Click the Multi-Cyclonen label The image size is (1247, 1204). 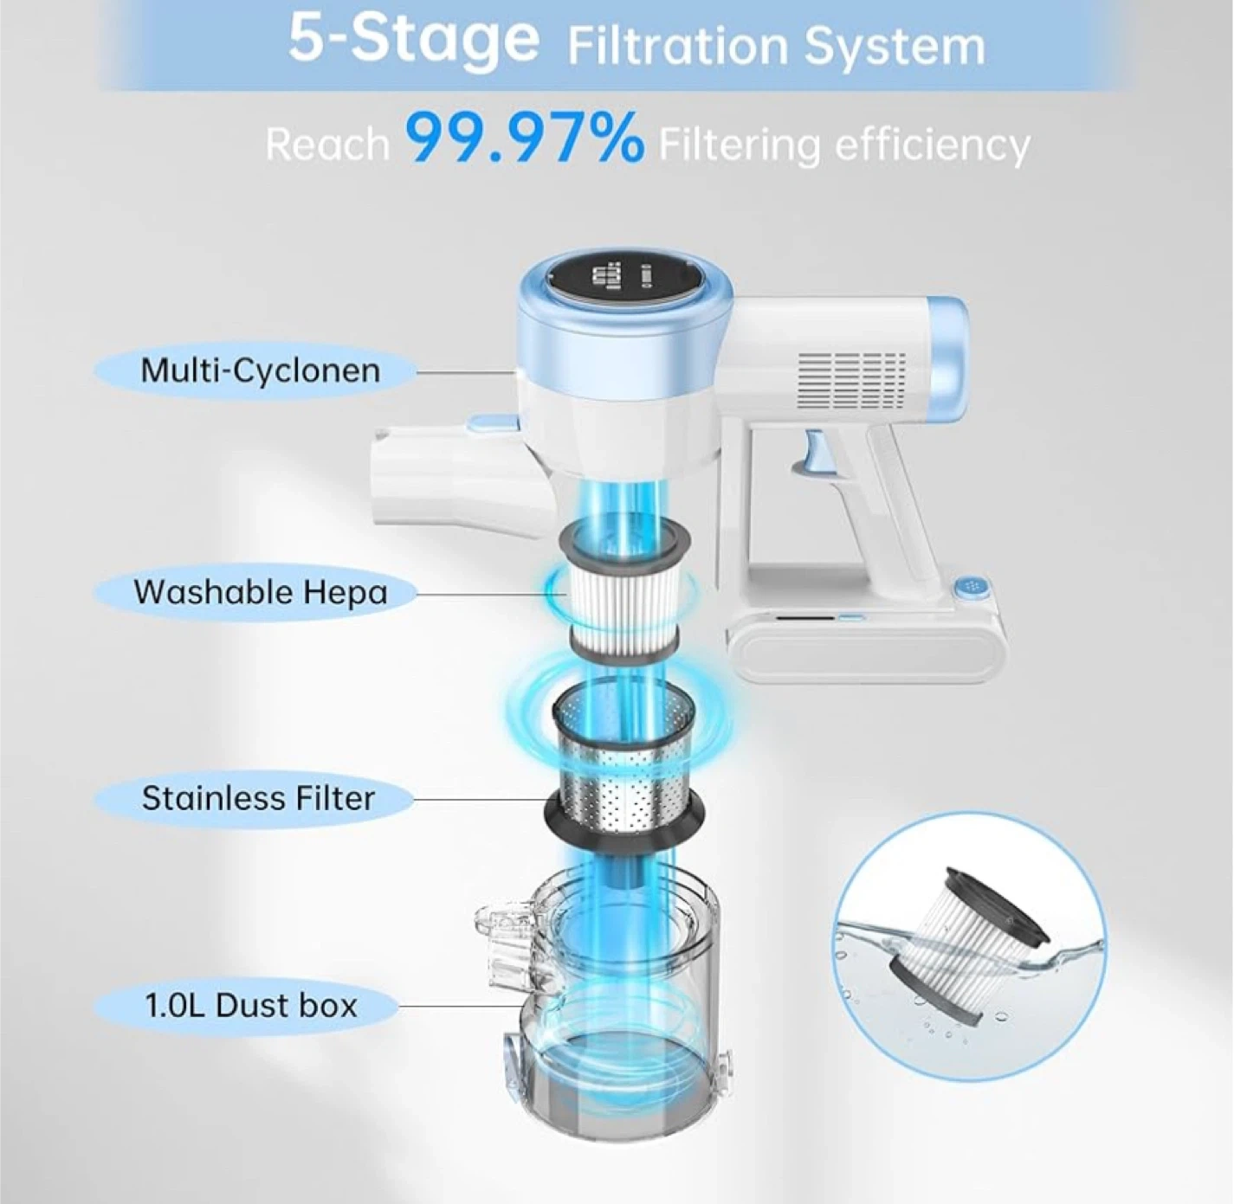click(260, 370)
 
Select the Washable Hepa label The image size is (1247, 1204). click(261, 592)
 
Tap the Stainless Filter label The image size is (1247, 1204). click(258, 799)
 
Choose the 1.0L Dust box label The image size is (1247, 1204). click(250, 1006)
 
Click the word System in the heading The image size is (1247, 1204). click(895, 46)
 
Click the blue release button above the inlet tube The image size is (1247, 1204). click(494, 422)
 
